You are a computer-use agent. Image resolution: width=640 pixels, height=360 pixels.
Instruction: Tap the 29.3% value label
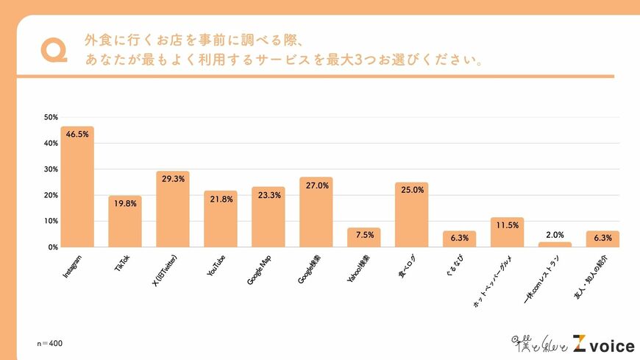coord(172,179)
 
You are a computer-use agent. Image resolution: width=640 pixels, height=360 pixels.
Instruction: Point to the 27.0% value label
coord(316,185)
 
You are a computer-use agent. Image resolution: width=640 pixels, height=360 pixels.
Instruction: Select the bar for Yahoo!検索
coord(363,238)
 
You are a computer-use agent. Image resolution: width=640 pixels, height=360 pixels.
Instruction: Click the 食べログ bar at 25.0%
coord(411,214)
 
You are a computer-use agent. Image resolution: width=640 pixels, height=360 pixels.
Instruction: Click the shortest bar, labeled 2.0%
coord(555,244)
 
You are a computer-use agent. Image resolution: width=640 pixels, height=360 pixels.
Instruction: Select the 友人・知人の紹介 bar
coord(602,239)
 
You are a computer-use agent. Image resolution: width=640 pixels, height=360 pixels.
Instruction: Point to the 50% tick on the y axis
coord(51,117)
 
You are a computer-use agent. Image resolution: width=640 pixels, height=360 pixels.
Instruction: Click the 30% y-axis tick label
coord(51,169)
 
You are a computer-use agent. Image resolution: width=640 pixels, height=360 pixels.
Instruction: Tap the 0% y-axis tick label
coord(53,247)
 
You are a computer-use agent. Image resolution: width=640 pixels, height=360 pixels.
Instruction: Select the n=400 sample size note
coord(51,344)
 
